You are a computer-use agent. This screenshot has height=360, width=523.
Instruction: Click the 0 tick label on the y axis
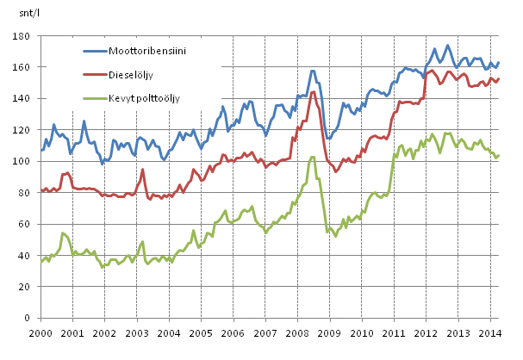[28, 319]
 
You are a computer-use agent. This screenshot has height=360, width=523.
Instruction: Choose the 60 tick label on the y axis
[25, 225]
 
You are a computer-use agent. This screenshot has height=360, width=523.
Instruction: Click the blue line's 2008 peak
[312, 71]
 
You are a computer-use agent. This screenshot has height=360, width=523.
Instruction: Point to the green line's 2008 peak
[312, 157]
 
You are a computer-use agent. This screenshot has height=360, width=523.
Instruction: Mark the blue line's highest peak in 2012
[448, 45]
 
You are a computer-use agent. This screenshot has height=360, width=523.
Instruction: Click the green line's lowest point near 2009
[337, 236]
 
